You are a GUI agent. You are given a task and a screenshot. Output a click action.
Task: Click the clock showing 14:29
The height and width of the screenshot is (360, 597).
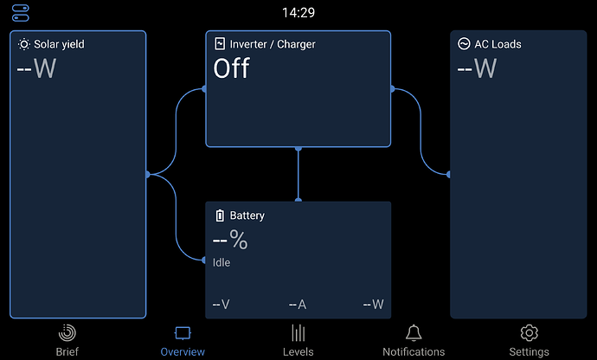[298, 13]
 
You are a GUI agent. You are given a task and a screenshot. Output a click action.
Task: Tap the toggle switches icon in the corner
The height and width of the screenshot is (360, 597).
[21, 13]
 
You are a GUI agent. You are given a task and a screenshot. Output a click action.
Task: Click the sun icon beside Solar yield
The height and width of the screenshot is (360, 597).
[23, 44]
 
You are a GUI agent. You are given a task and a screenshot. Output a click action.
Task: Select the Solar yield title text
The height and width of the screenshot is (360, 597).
[59, 44]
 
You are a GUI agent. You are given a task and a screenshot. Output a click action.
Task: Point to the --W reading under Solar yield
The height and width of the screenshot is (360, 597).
[36, 68]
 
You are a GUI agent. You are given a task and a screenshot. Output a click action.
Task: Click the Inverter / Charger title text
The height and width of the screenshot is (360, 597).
[273, 44]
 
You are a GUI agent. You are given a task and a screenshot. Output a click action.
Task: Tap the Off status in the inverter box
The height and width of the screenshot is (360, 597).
[232, 68]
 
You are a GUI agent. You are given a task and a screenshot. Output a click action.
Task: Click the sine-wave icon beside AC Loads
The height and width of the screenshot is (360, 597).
[464, 44]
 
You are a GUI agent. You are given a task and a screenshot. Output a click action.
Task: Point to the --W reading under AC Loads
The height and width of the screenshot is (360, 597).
[477, 68]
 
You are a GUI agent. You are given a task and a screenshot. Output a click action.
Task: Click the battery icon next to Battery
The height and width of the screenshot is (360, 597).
[220, 215]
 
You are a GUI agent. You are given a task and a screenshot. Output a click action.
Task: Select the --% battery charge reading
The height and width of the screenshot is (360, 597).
[230, 240]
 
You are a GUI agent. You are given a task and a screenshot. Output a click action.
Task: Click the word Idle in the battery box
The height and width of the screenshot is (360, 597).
[221, 262]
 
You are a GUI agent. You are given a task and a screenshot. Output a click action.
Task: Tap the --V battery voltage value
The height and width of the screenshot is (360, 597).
[221, 305]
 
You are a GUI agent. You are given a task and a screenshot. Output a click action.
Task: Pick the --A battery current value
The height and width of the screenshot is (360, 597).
[298, 305]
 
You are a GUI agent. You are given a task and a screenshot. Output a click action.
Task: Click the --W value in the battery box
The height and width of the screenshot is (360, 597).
[374, 305]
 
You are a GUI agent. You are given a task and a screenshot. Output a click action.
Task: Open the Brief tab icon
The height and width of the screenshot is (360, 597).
[67, 333]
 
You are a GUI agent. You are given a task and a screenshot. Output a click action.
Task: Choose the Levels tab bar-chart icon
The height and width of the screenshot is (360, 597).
[298, 333]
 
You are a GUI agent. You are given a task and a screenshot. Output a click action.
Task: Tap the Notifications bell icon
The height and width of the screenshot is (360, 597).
[414, 333]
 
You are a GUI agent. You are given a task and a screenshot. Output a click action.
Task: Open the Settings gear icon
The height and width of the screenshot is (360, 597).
[530, 333]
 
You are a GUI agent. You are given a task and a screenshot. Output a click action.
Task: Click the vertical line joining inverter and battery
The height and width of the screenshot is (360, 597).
[298, 174]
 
